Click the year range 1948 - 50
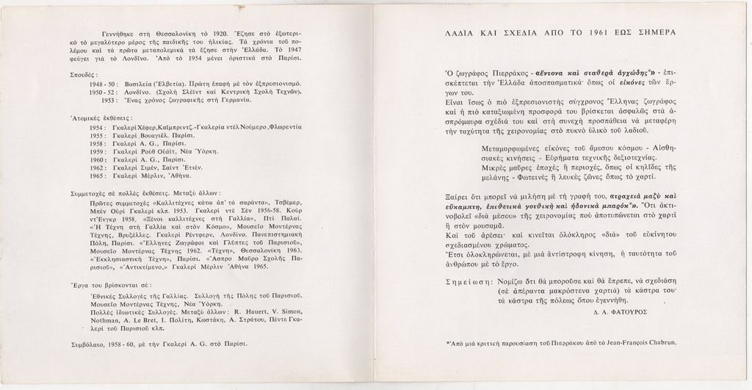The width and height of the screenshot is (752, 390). tap(98, 84)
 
